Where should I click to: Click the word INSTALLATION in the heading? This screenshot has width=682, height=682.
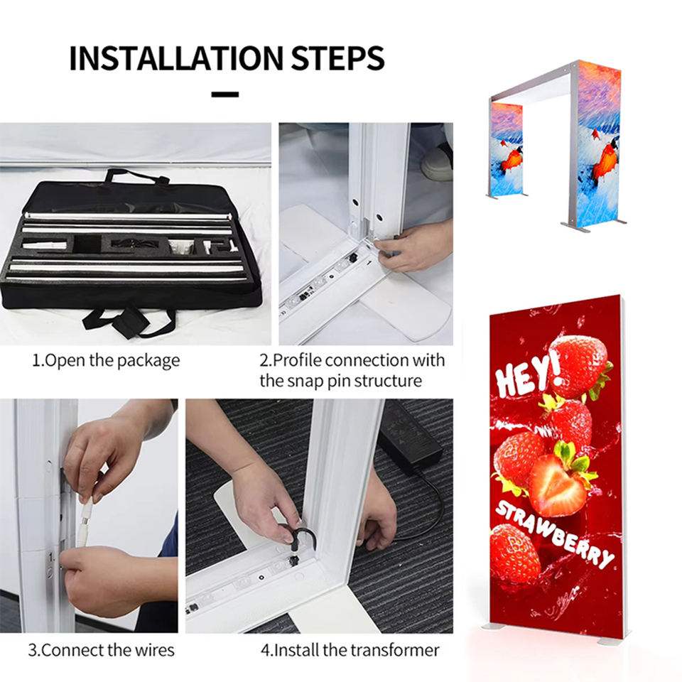pyautogui.click(x=176, y=58)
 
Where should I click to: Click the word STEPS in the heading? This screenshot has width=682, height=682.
pyautogui.click(x=337, y=58)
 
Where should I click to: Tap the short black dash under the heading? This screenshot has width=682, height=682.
pyautogui.click(x=225, y=94)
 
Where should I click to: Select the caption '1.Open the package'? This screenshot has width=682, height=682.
pyautogui.click(x=106, y=361)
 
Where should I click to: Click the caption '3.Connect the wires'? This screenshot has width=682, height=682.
pyautogui.click(x=101, y=650)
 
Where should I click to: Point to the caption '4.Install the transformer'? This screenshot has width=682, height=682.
pyautogui.click(x=350, y=650)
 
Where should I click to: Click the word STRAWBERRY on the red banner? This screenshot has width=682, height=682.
pyautogui.click(x=555, y=535)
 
